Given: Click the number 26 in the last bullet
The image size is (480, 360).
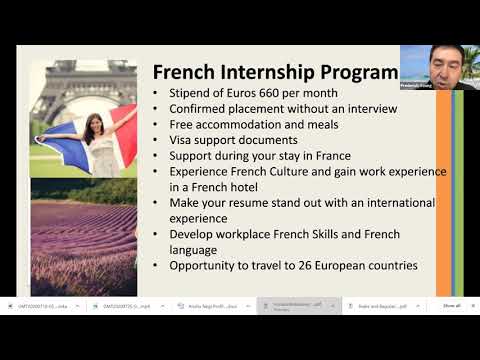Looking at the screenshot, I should tap(306, 265).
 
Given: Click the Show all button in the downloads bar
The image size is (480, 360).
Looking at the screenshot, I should tap(451, 306).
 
